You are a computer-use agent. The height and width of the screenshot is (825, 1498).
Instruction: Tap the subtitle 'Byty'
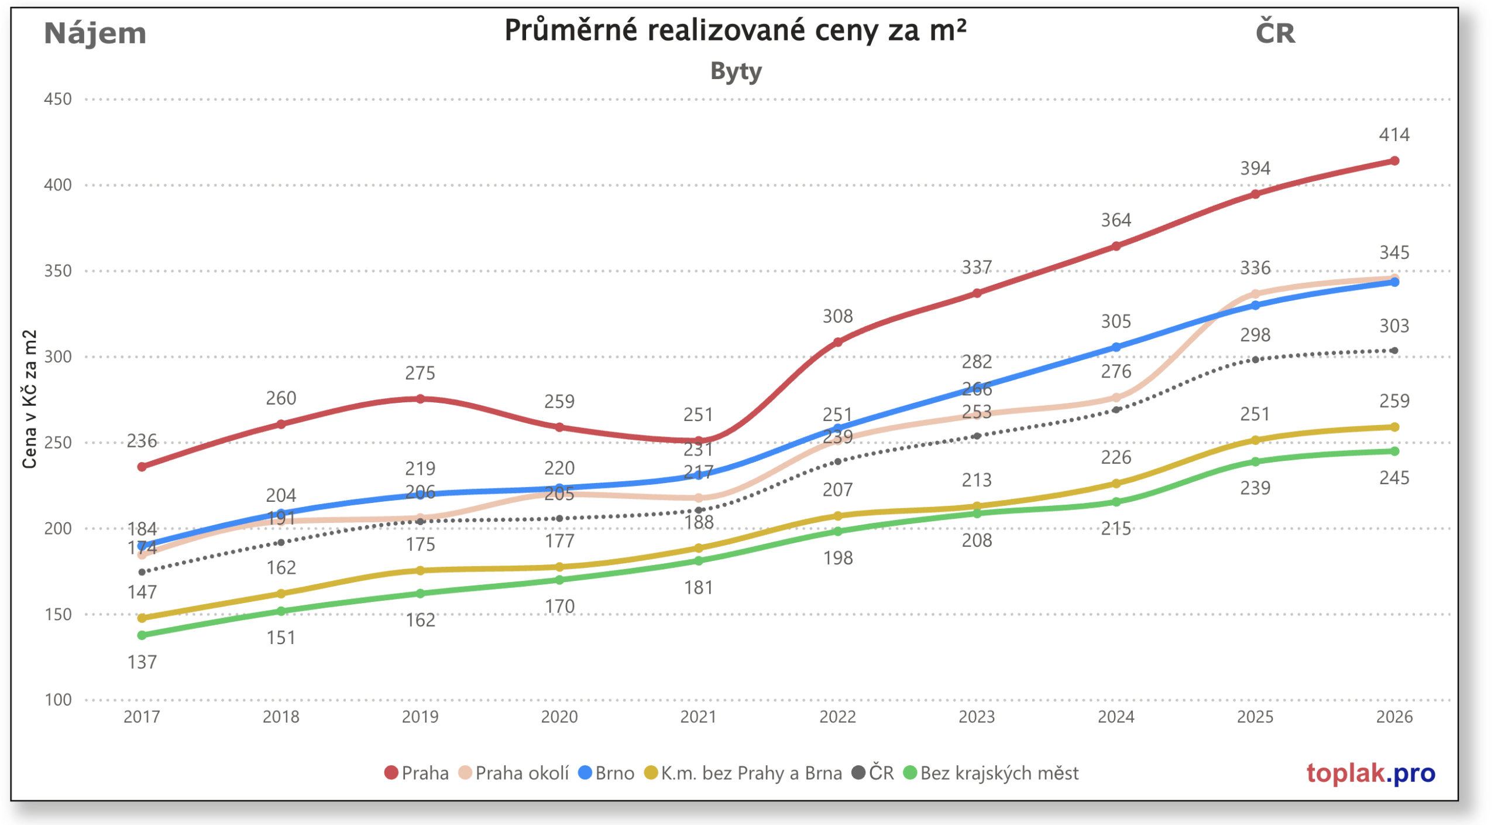[736, 71]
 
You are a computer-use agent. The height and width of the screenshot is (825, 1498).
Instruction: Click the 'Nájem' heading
[95, 33]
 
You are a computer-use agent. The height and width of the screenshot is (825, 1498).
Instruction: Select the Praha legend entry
[417, 773]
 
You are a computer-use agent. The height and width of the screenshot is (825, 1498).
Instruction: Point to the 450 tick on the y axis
[58, 99]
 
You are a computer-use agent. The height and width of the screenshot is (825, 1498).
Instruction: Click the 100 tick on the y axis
[58, 700]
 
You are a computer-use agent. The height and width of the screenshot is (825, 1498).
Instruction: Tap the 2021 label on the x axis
[698, 717]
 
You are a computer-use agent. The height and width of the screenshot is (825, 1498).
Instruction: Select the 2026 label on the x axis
[1394, 717]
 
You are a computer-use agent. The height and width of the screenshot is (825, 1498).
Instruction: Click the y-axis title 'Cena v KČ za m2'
[29, 399]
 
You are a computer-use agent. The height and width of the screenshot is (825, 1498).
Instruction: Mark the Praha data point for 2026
[1394, 161]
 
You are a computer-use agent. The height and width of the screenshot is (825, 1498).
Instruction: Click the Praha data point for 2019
[420, 399]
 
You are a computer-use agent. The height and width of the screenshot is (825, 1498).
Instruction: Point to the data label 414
[1394, 135]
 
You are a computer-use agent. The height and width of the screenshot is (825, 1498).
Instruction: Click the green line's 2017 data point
[142, 635]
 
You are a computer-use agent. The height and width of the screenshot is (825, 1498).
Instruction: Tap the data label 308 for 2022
[837, 317]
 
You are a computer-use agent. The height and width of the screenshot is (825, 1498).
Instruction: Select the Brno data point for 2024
[1116, 347]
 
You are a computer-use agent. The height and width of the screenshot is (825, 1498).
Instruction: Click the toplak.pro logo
[1370, 773]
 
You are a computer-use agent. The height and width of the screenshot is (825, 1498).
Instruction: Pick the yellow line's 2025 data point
[1255, 440]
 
